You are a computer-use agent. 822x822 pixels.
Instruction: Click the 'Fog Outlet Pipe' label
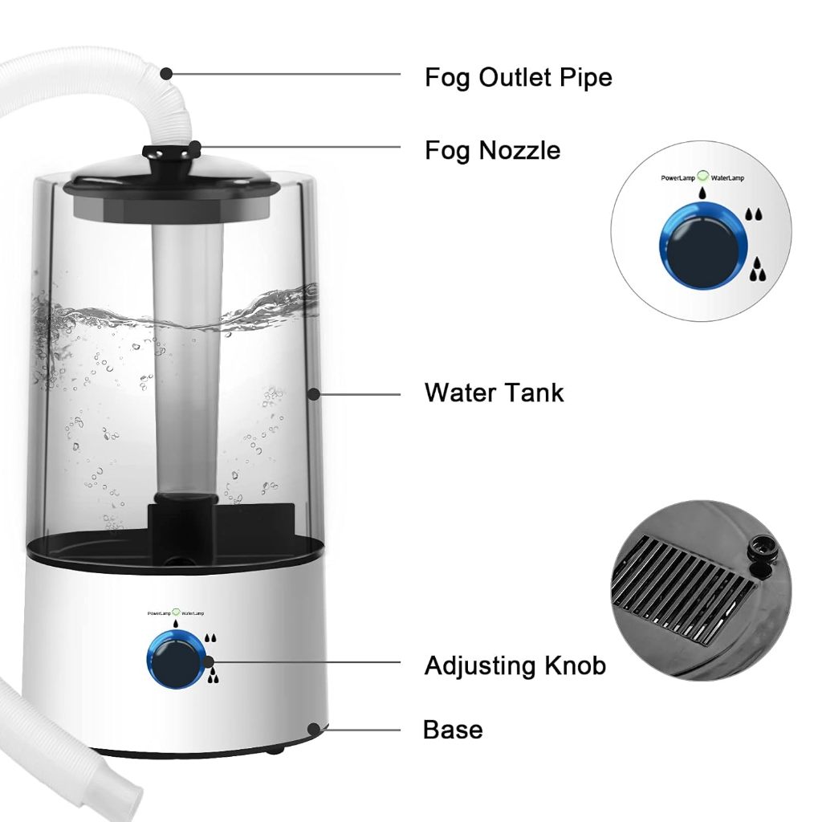tap(518, 78)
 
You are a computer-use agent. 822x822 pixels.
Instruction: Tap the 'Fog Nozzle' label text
tap(492, 151)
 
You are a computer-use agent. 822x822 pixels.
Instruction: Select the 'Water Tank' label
tap(494, 393)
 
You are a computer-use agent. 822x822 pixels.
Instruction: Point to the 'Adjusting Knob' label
tap(515, 665)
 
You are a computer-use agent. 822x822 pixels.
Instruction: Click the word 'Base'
tap(453, 730)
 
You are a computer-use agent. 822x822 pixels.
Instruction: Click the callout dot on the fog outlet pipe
tap(166, 74)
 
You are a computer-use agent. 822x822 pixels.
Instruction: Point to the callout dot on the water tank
tap(314, 394)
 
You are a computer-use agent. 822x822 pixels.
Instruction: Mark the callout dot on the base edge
tap(314, 729)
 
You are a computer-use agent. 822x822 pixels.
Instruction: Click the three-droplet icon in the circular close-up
tap(757, 270)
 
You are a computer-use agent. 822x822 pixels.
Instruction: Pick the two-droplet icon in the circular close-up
tap(754, 214)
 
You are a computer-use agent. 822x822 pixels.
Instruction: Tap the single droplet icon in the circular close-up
tap(702, 193)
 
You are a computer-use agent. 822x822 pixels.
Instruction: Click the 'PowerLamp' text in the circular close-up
tap(678, 178)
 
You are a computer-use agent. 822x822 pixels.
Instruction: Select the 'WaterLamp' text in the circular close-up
tap(727, 178)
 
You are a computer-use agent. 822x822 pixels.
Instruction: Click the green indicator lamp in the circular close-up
tap(703, 176)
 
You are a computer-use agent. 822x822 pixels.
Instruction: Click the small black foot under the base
tap(275, 751)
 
